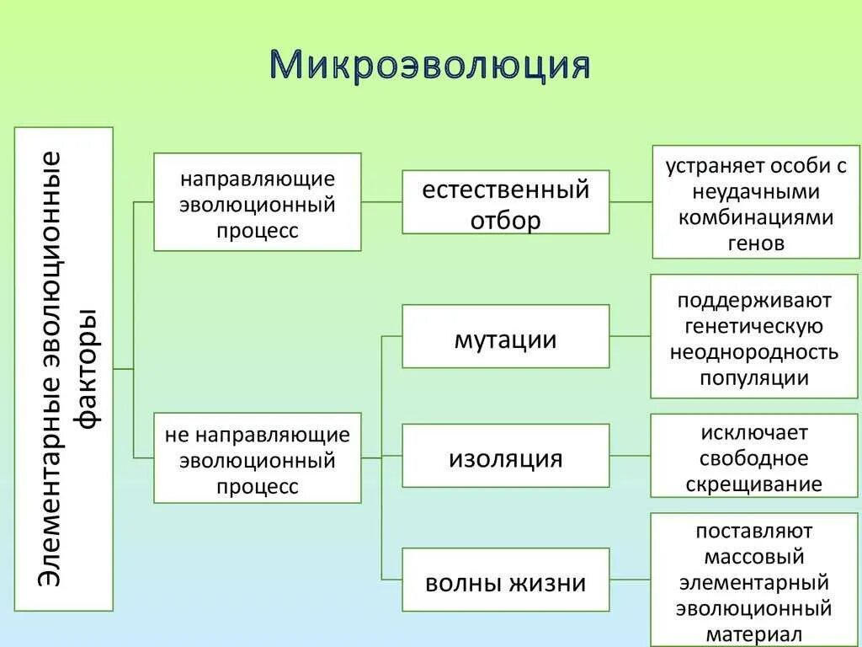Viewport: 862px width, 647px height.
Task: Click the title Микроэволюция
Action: [x=430, y=66]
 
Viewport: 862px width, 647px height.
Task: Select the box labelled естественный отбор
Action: [x=505, y=202]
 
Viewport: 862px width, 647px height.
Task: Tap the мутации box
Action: [x=505, y=337]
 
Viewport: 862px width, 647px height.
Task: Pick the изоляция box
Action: [x=505, y=457]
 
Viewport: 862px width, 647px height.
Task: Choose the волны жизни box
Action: [x=505, y=580]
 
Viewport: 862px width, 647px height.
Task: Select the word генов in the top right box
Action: [x=755, y=243]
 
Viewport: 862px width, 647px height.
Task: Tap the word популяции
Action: [x=754, y=378]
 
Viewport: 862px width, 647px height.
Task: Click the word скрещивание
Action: [x=754, y=484]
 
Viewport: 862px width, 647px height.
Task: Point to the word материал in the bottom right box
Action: [x=754, y=634]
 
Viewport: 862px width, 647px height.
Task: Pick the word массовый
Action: [x=754, y=557]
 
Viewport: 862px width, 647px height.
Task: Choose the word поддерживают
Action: [x=754, y=301]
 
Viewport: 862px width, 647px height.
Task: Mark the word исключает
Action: [x=754, y=434]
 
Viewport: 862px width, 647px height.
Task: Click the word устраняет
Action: [x=705, y=166]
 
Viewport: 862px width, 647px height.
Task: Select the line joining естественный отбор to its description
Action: [x=631, y=202]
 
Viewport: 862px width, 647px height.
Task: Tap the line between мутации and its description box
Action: [x=630, y=336]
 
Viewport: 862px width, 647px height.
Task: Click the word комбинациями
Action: [x=755, y=217]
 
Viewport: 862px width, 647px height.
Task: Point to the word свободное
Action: [x=754, y=459]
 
